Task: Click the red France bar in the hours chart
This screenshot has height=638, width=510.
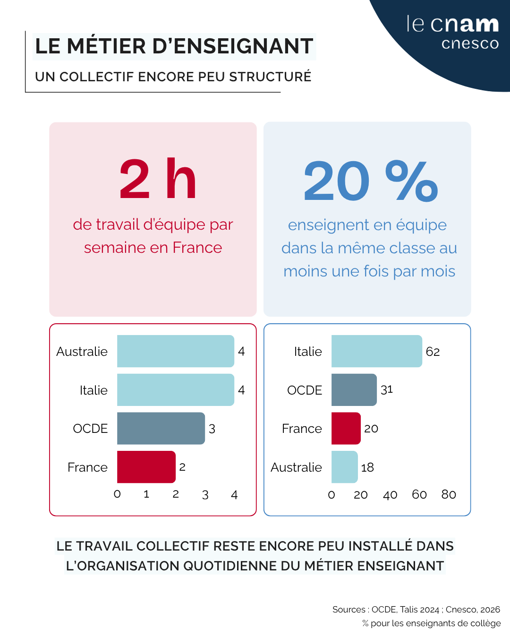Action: point(146,467)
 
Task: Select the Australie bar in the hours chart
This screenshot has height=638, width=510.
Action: point(176,351)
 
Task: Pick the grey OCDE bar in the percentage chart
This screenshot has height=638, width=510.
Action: point(354,390)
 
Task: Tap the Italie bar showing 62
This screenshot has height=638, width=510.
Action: point(376,351)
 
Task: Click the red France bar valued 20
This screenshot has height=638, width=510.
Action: point(346,428)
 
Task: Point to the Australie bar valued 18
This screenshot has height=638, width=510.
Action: point(344,467)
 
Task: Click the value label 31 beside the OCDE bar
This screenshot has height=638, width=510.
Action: point(387,390)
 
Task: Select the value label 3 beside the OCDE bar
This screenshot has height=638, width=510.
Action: point(212,429)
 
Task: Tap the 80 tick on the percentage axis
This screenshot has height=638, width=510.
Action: point(449,494)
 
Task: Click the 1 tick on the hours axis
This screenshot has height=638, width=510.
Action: point(146,494)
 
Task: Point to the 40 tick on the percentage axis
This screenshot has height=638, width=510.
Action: point(390,495)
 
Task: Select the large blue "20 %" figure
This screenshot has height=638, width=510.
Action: point(371,181)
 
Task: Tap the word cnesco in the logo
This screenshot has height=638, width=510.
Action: point(470,43)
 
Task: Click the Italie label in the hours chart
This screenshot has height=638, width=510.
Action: point(93,390)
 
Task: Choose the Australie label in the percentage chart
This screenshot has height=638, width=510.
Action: point(296,467)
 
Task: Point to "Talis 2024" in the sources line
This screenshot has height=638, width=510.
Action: point(419,610)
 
